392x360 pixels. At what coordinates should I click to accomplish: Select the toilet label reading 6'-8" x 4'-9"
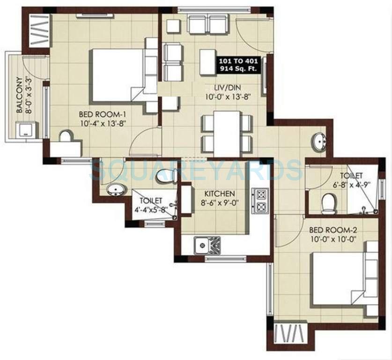[351, 180]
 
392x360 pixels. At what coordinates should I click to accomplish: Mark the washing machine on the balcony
[26, 129]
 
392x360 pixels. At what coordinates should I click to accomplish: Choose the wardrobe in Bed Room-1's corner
[39, 31]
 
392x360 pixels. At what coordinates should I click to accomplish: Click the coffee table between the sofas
[208, 62]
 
